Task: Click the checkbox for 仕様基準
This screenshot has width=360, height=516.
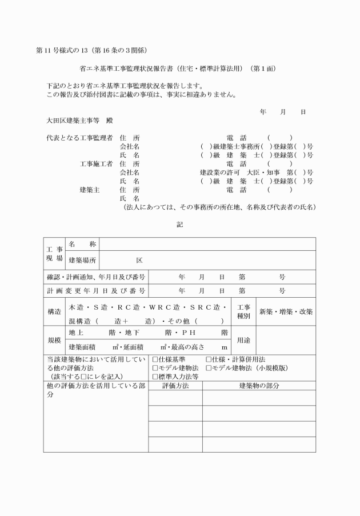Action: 155,359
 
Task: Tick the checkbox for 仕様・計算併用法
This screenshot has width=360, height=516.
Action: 209,359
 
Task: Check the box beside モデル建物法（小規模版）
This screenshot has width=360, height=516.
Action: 209,368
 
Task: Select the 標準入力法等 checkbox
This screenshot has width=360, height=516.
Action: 155,377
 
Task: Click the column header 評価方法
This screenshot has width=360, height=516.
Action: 175,386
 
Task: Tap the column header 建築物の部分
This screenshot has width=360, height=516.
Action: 259,386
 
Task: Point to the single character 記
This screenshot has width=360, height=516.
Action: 179,224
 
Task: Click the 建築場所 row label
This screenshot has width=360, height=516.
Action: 82,261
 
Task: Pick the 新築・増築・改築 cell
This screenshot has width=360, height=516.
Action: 286,311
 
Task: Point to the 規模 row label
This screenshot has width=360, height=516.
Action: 55,339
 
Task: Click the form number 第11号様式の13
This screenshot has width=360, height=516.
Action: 63,50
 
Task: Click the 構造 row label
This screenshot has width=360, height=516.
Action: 55,311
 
